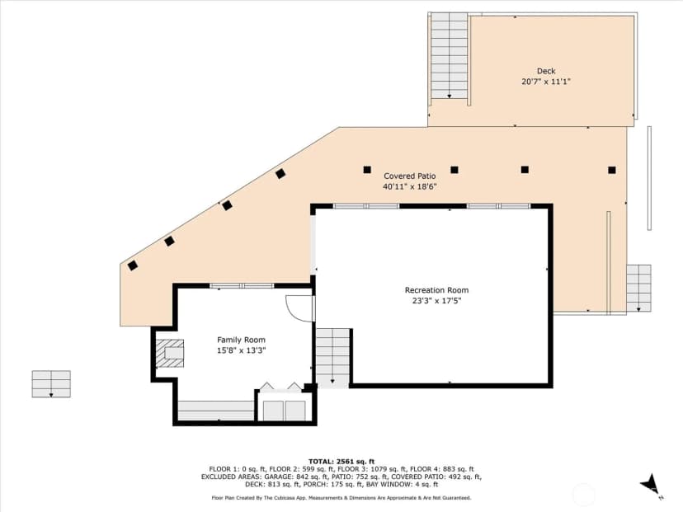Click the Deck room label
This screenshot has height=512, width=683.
tap(546, 71)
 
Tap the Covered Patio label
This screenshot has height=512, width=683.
tap(409, 176)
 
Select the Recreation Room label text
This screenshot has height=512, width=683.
tap(436, 290)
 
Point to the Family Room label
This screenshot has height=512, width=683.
tap(241, 340)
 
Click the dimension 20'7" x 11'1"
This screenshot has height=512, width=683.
tap(546, 82)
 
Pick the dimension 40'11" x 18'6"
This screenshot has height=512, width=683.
tap(409, 187)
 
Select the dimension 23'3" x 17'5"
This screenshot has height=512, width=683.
tap(436, 300)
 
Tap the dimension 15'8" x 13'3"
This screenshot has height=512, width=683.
tap(241, 350)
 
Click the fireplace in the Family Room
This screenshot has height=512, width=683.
tap(170, 353)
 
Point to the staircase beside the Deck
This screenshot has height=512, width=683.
tap(449, 56)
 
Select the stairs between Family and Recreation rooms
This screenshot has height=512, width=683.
tap(332, 356)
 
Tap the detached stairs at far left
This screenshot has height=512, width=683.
tap(51, 384)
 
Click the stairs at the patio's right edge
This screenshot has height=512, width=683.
tap(638, 289)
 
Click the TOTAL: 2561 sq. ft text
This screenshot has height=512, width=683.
tap(341, 462)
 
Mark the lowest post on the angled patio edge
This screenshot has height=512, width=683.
tap(133, 265)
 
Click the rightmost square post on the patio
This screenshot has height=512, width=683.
tap(612, 170)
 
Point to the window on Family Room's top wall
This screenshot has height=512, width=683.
tap(242, 286)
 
